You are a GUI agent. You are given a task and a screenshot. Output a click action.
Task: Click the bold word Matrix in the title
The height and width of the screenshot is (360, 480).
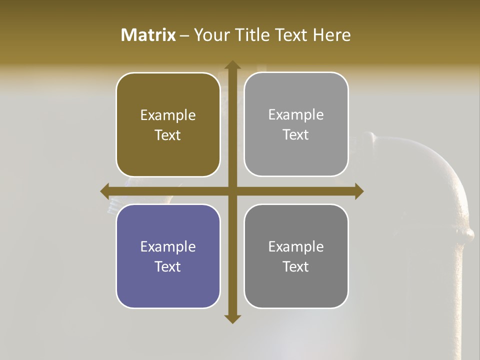coord(148,35)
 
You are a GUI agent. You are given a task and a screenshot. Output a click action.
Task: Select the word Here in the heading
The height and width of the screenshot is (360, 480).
coord(331,35)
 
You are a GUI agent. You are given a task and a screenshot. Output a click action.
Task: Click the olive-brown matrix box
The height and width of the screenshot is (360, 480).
coord(168,124)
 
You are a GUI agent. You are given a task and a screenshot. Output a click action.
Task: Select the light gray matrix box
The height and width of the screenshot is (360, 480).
coord(296,124)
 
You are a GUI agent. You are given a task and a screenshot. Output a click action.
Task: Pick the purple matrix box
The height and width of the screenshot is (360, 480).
coord(168,256)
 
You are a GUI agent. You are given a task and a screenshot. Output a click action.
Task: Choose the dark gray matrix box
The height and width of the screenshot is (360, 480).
coord(296,256)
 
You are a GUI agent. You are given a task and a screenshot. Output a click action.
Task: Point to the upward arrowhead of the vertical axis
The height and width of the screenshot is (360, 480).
coord(232,65)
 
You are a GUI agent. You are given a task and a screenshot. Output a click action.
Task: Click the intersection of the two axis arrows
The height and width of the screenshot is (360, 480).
coord(232,191)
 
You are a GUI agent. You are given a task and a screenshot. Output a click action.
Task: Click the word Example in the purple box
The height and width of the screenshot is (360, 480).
coord(168,246)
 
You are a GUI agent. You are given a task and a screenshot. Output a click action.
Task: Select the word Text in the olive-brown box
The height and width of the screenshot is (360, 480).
coord(168,135)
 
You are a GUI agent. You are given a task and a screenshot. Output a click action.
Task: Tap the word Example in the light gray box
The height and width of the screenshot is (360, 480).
coord(296,114)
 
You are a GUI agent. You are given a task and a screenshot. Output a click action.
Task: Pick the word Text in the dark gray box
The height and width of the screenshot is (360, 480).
coord(296,266)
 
